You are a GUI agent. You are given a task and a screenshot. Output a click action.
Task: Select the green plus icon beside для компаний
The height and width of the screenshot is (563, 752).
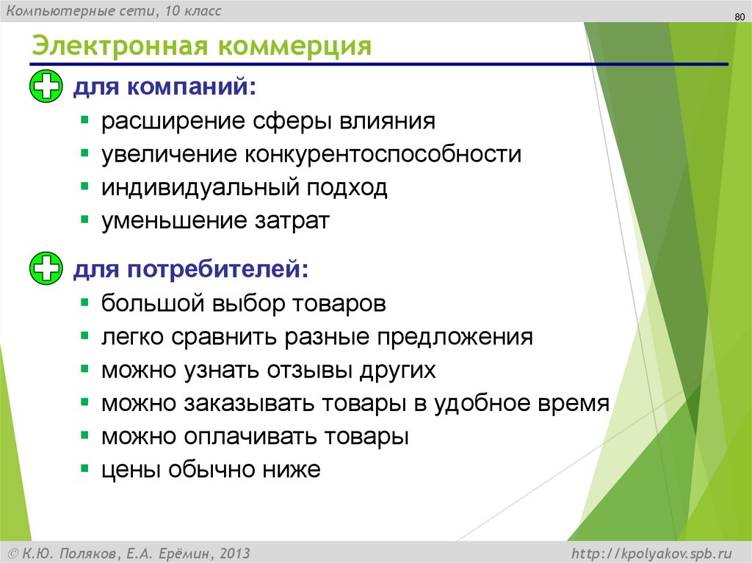tap(46, 88)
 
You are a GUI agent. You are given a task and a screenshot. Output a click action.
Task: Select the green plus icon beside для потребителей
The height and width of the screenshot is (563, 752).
tap(46, 268)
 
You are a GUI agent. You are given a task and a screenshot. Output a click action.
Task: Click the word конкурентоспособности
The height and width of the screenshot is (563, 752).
tap(383, 155)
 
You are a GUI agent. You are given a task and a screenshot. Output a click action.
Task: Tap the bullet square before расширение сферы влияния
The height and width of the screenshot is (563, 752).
tap(86, 120)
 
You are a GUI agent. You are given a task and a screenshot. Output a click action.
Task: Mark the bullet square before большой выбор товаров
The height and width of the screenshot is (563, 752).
tap(86, 302)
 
